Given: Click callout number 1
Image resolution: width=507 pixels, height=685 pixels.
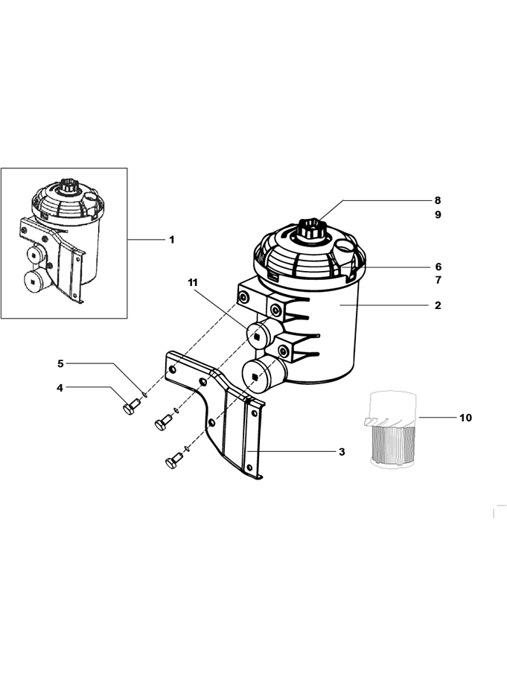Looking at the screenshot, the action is [x=172, y=240].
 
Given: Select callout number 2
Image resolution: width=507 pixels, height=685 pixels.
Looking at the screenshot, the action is [x=438, y=305].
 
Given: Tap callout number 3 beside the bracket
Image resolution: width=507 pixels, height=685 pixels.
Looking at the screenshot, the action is [x=342, y=452].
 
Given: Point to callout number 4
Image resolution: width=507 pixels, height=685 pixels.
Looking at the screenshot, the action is [x=60, y=387].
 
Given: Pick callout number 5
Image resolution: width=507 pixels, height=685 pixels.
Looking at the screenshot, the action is [x=60, y=363].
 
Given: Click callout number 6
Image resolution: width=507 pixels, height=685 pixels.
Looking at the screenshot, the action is [x=438, y=267].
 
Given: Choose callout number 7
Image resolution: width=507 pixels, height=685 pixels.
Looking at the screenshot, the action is [x=438, y=280].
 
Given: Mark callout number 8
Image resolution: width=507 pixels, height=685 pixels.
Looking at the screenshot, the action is [x=438, y=200].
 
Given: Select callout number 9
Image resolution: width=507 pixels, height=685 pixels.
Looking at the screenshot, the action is [x=438, y=214].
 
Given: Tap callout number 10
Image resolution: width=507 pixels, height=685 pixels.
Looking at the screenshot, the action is [x=465, y=418].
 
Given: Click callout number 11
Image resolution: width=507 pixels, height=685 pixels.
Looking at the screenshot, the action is [x=193, y=283].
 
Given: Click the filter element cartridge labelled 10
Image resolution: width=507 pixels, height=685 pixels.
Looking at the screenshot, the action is [x=390, y=430].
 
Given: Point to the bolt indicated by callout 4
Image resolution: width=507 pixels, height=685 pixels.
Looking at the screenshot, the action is [x=130, y=404].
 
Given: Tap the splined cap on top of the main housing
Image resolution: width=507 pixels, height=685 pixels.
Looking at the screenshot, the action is [x=311, y=229].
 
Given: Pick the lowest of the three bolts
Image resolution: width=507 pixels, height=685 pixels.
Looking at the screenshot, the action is [x=173, y=460].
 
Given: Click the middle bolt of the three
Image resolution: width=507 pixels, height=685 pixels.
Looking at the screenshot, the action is [x=163, y=421].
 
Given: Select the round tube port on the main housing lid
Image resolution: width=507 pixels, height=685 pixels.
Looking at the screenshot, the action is [x=344, y=249].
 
